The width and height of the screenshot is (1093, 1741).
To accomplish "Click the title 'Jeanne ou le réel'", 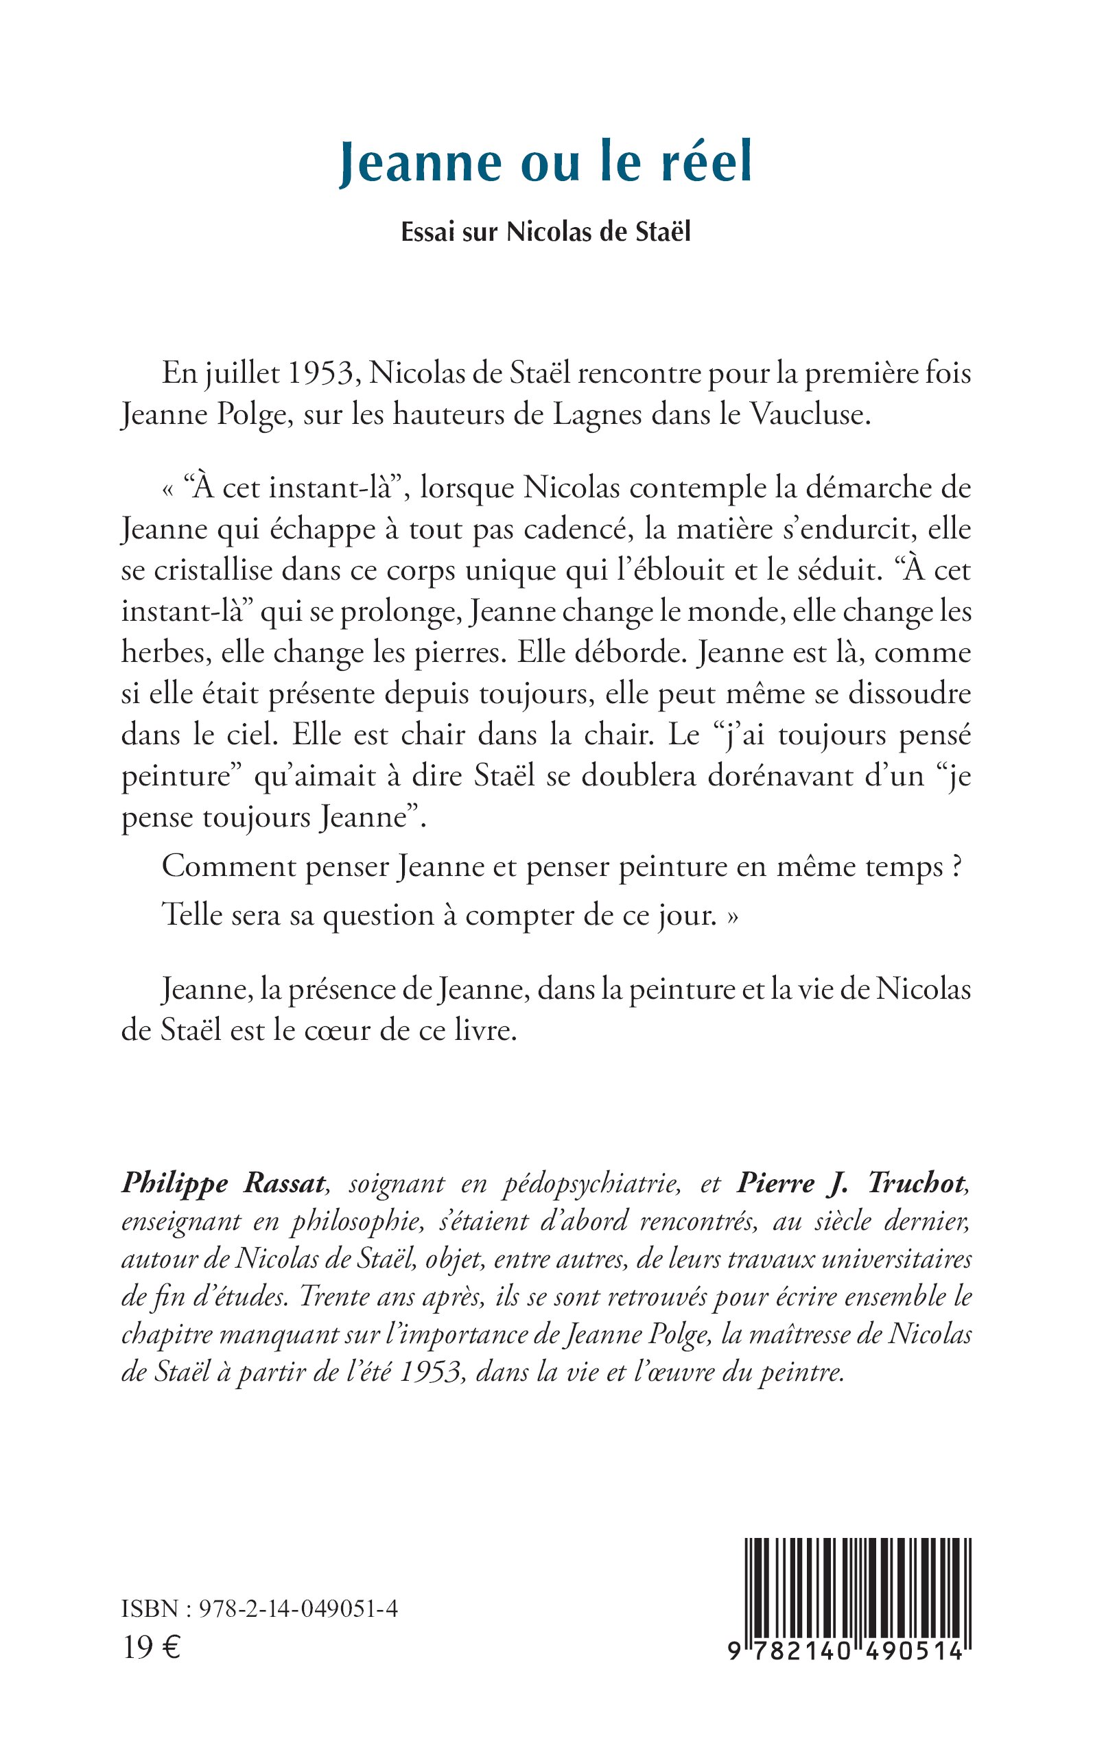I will click(x=545, y=163).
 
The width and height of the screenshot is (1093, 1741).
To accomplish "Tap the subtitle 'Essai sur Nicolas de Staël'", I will click(x=545, y=232).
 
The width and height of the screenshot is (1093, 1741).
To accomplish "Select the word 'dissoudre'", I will click(x=908, y=694).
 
